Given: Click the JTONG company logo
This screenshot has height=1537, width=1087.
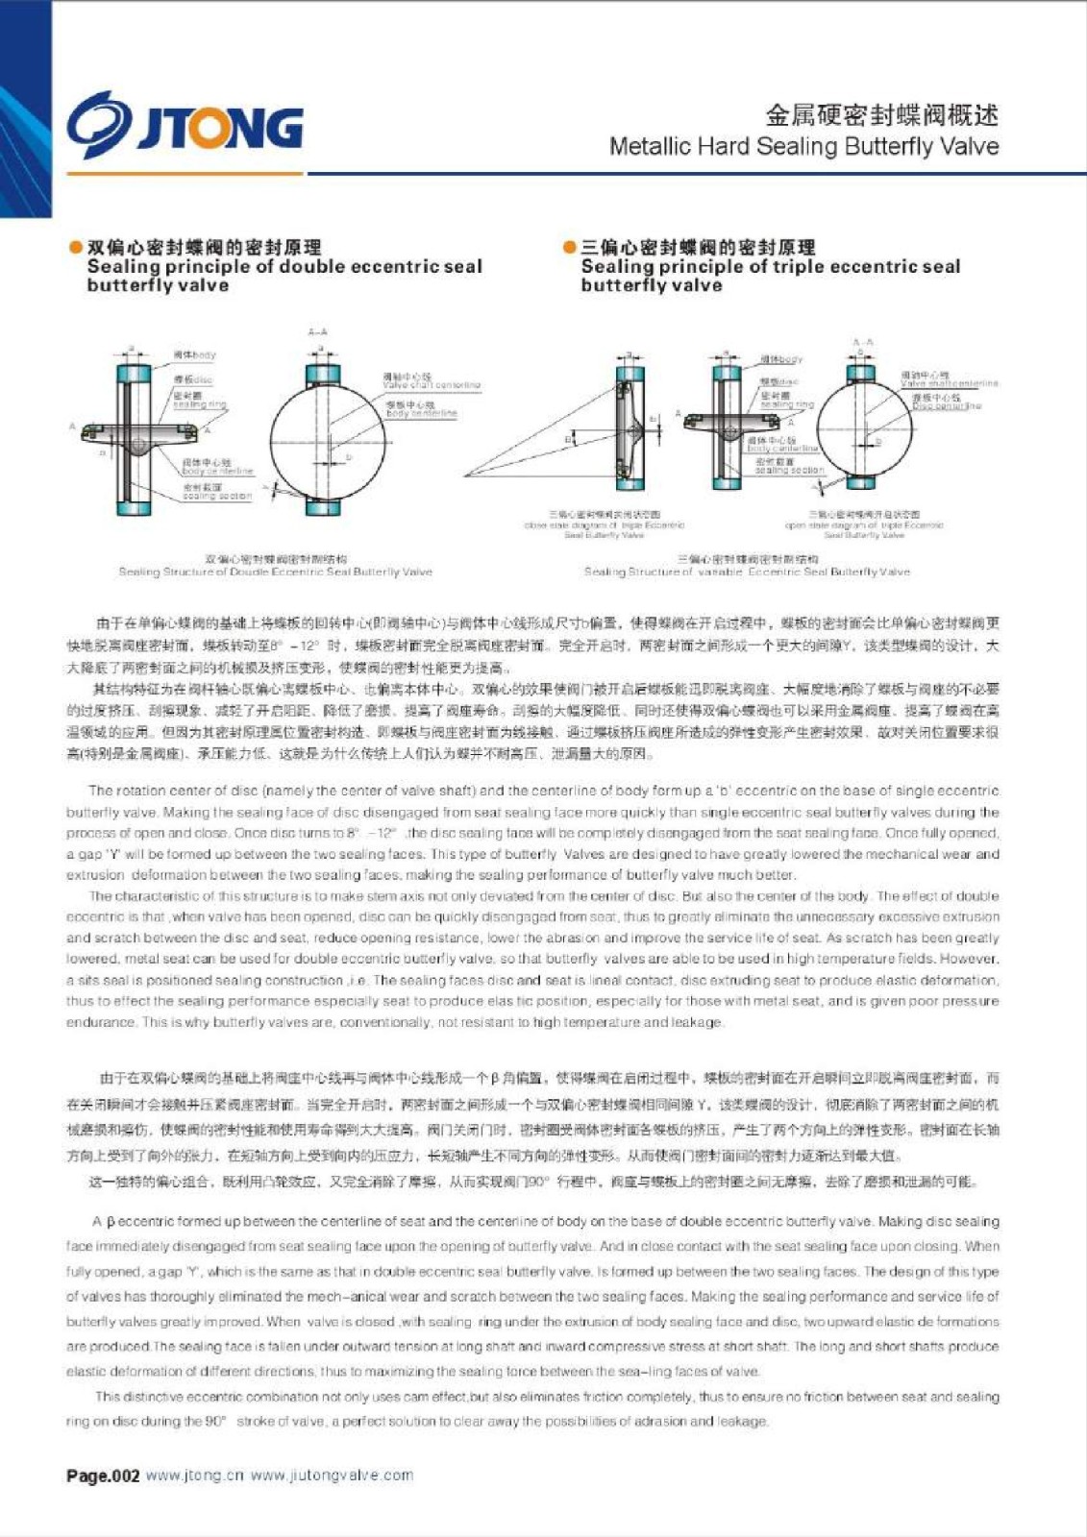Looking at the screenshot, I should pyautogui.click(x=185, y=126).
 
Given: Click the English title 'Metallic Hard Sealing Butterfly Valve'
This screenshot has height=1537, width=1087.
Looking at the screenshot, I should pyautogui.click(x=803, y=147).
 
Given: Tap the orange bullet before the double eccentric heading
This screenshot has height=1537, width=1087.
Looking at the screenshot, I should pyautogui.click(x=75, y=248).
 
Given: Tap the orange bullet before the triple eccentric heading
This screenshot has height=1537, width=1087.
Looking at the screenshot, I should pyautogui.click(x=569, y=248).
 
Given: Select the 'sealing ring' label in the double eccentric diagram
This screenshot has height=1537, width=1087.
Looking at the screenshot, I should pyautogui.click(x=199, y=404).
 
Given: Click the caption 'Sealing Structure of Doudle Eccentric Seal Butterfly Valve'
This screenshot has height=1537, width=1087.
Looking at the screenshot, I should pyautogui.click(x=276, y=573).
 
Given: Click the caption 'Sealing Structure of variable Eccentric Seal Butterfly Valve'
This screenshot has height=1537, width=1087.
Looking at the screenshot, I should pyautogui.click(x=747, y=573).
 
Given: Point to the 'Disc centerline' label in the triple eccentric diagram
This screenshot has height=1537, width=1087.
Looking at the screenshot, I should pyautogui.click(x=947, y=406).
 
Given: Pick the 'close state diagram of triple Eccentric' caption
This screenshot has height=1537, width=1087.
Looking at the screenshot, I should pyautogui.click(x=605, y=525).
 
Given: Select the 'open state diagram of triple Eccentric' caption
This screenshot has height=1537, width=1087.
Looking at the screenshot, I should pyautogui.click(x=864, y=525).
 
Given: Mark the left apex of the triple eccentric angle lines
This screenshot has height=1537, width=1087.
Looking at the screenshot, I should pyautogui.click(x=467, y=476).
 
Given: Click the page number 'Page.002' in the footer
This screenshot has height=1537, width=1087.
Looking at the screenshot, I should pyautogui.click(x=103, y=1476).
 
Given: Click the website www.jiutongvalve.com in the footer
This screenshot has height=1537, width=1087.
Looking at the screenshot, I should pyautogui.click(x=332, y=1476).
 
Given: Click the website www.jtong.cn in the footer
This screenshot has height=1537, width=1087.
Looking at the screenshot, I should pyautogui.click(x=194, y=1476).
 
